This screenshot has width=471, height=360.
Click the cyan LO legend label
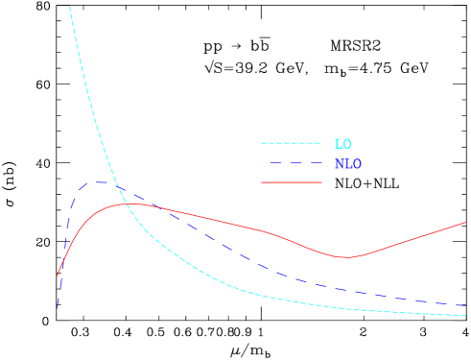pyautogui.click(x=342, y=144)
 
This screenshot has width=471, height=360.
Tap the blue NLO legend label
pyautogui.click(x=348, y=164)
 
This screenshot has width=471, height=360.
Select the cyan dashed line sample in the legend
pyautogui.click(x=291, y=143)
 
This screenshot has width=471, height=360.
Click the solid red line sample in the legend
pyautogui.click(x=291, y=182)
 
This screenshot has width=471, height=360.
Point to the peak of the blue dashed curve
pyautogui.click(x=102, y=181)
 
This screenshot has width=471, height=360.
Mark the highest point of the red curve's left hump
pyautogui.click(x=130, y=204)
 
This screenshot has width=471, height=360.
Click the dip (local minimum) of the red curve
pyautogui.click(x=344, y=257)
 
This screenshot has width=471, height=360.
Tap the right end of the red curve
pyautogui.click(x=466, y=223)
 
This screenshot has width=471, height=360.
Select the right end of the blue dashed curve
pyautogui.click(x=467, y=306)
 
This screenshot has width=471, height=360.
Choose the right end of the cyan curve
pyautogui.click(x=467, y=315)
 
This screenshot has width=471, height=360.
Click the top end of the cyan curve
pyautogui.click(x=70, y=7)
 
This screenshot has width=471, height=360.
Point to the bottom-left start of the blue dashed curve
pyautogui.click(x=59, y=308)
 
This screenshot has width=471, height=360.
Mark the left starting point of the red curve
pyautogui.click(x=58, y=276)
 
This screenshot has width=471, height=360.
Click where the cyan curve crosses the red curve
pyautogui.click(x=123, y=204)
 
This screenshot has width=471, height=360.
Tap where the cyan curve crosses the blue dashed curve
pyautogui.click(x=116, y=183)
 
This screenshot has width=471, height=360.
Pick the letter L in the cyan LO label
pyautogui.click(x=339, y=144)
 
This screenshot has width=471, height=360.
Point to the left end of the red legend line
pyautogui.click(x=262, y=182)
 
